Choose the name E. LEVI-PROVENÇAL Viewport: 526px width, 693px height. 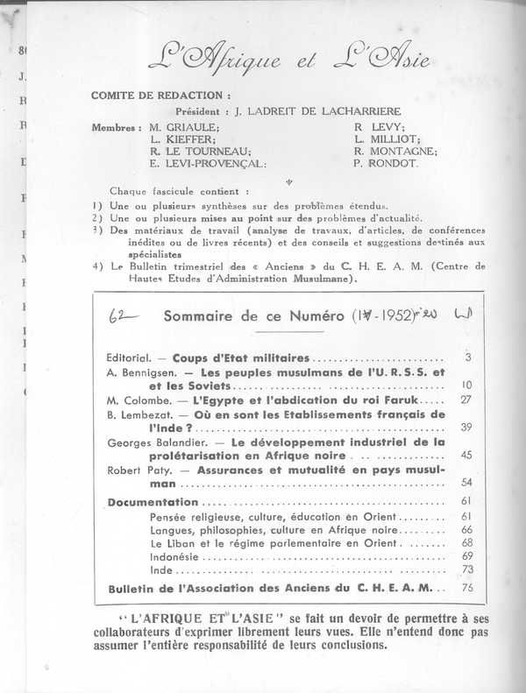208,163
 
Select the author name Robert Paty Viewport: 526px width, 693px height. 131,470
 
